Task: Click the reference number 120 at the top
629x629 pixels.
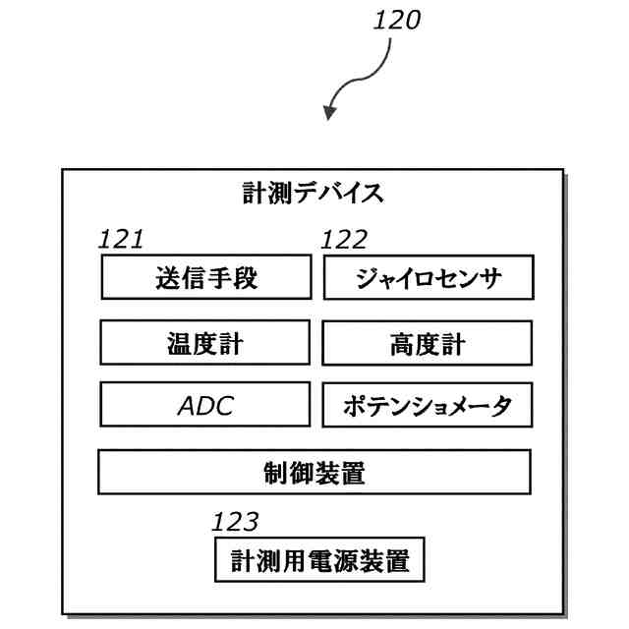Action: pyautogui.click(x=397, y=21)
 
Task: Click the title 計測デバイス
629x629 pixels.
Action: pyautogui.click(x=313, y=193)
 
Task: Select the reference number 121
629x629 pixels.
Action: pyautogui.click(x=121, y=240)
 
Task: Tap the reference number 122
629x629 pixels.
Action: pyautogui.click(x=344, y=240)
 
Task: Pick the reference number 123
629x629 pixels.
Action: pyautogui.click(x=235, y=522)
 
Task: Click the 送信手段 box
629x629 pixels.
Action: pyautogui.click(x=206, y=277)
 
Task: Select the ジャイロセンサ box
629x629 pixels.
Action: pyautogui.click(x=429, y=277)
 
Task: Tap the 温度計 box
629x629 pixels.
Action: pyautogui.click(x=205, y=342)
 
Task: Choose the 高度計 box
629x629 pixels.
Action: pyautogui.click(x=428, y=343)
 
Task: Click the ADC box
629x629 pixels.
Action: pyautogui.click(x=205, y=404)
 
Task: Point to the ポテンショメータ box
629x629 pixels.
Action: pyautogui.click(x=428, y=405)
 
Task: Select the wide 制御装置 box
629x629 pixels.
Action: pyautogui.click(x=314, y=472)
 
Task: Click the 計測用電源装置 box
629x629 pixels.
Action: pyautogui.click(x=319, y=559)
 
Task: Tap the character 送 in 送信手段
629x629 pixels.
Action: pyautogui.click(x=168, y=277)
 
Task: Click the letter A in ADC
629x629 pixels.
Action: pyautogui.click(x=188, y=406)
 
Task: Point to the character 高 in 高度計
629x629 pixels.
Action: pyautogui.click(x=402, y=344)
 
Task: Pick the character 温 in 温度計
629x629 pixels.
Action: pyautogui.click(x=180, y=343)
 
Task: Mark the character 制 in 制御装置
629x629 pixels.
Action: pyautogui.click(x=276, y=473)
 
